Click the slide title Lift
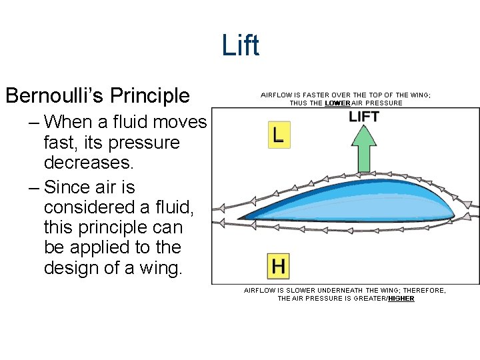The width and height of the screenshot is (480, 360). pyautogui.click(x=240, y=46)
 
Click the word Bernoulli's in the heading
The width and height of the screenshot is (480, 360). pyautogui.click(x=53, y=96)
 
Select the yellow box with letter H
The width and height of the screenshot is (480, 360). pyautogui.click(x=278, y=265)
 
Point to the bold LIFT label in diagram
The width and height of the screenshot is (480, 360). pyautogui.click(x=364, y=117)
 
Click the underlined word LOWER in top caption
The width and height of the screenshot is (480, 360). pyautogui.click(x=337, y=103)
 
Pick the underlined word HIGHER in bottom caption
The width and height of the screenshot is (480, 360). pyautogui.click(x=401, y=299)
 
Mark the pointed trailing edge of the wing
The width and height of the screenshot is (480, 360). pyautogui.click(x=240, y=217)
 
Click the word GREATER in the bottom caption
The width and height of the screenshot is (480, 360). pyautogui.click(x=370, y=299)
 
